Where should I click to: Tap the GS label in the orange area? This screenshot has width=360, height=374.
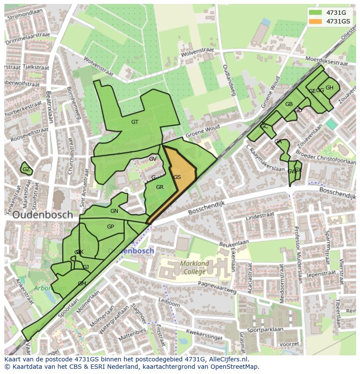click(x=177, y=177)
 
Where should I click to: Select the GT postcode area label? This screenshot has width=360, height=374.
click(x=135, y=122)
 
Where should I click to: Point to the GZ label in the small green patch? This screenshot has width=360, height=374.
click(x=26, y=169)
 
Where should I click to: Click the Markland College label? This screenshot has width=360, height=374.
click(x=194, y=268)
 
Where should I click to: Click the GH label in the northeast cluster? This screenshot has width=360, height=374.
click(x=330, y=88)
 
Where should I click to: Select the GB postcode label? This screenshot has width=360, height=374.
click(x=289, y=104)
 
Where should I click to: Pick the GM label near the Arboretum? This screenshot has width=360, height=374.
click(x=82, y=284)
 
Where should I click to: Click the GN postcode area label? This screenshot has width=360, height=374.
click(x=114, y=211)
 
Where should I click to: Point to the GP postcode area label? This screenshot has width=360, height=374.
click(x=110, y=227)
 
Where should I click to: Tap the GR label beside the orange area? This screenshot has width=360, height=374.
click(x=160, y=187)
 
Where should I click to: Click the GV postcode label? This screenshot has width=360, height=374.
click(x=153, y=159)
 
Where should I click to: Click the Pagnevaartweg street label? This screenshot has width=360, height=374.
click(x=216, y=285)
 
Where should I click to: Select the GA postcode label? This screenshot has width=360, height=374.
click(x=278, y=142)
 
